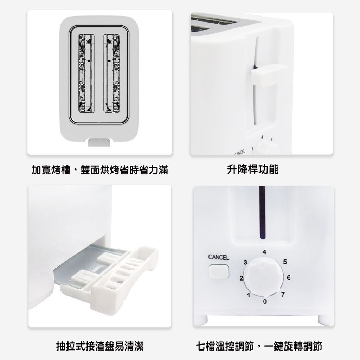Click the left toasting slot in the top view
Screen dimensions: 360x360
coord(86,73)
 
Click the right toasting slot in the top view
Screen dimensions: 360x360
coord(112,73)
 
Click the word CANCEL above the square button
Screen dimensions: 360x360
coord(219,257)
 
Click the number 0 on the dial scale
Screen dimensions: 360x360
coord(265,301)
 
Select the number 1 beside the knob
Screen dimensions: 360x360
coord(249,295)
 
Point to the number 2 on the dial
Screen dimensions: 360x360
coord(241,278)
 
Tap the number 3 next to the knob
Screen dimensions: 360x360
coord(245,262)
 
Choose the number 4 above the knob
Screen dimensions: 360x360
coord(264,252)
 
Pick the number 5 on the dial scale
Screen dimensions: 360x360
coord(285,262)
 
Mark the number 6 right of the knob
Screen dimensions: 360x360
coord(289,278)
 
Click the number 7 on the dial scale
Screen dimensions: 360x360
coord(283,294)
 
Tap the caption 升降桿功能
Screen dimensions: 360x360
coord(253,169)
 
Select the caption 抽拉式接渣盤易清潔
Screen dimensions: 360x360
coord(100,346)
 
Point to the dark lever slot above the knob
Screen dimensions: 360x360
coord(262,212)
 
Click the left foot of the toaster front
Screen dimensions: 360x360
coord(203,320)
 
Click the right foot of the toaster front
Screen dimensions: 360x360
coord(323,320)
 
